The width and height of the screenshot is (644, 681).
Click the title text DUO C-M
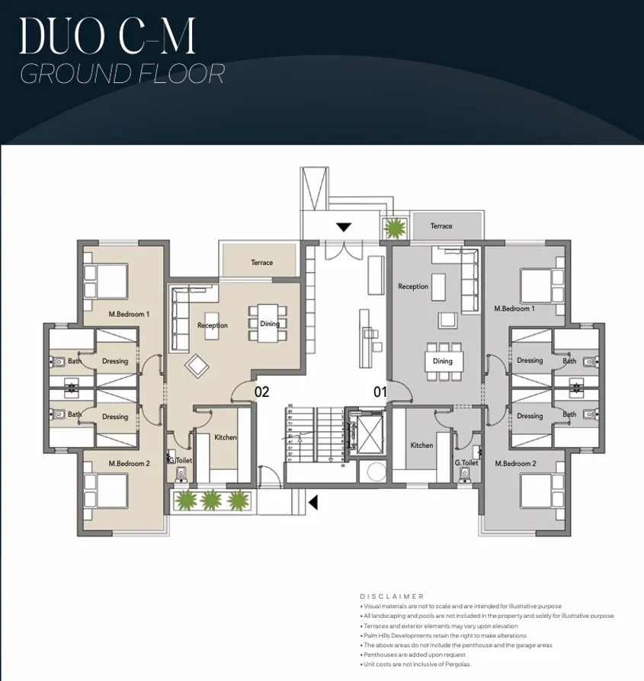pyautogui.click(x=107, y=35)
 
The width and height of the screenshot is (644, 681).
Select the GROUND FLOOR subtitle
pyautogui.click(x=122, y=74)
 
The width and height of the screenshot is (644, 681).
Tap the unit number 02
pyautogui.click(x=261, y=392)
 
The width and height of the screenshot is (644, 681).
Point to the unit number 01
pyautogui.click(x=380, y=392)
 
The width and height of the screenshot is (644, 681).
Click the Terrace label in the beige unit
pyautogui.click(x=261, y=263)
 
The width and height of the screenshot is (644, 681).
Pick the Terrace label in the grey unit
pyautogui.click(x=441, y=226)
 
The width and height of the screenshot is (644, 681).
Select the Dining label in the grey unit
pyautogui.click(x=442, y=361)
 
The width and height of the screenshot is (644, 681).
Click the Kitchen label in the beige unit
pyautogui.click(x=225, y=437)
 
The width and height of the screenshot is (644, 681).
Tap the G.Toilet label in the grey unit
pyautogui.click(x=466, y=462)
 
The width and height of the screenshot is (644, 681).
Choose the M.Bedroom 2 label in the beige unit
pyautogui.click(x=129, y=463)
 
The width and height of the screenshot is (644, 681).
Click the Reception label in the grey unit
pyautogui.click(x=413, y=286)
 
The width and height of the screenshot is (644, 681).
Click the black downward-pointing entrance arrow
pyautogui.click(x=344, y=227)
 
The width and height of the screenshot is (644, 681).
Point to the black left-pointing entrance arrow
pyautogui.click(x=312, y=501)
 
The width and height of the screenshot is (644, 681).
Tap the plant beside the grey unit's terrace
pyautogui.click(x=395, y=228)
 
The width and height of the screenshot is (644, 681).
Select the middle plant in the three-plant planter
pyautogui.click(x=210, y=500)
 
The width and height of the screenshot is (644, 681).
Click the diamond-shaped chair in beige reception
pyautogui.click(x=197, y=366)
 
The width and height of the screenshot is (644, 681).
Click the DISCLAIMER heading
pyautogui.click(x=392, y=596)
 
